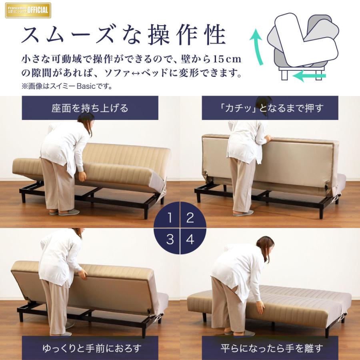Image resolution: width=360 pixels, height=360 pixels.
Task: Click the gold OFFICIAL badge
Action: [28, 10]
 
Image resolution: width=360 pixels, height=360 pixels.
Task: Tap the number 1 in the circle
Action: [170, 218]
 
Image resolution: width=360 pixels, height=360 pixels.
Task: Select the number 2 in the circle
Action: [190, 218]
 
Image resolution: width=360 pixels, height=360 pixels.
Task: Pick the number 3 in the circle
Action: [170, 239]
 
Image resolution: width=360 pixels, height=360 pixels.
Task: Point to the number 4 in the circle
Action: [190, 239]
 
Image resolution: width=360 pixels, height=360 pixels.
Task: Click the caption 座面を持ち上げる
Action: [90, 108]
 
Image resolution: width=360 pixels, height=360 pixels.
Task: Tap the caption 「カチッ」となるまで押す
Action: [270, 108]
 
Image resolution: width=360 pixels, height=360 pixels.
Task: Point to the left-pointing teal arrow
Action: [312, 76]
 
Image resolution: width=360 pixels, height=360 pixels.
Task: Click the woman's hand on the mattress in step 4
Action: [260, 308]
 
